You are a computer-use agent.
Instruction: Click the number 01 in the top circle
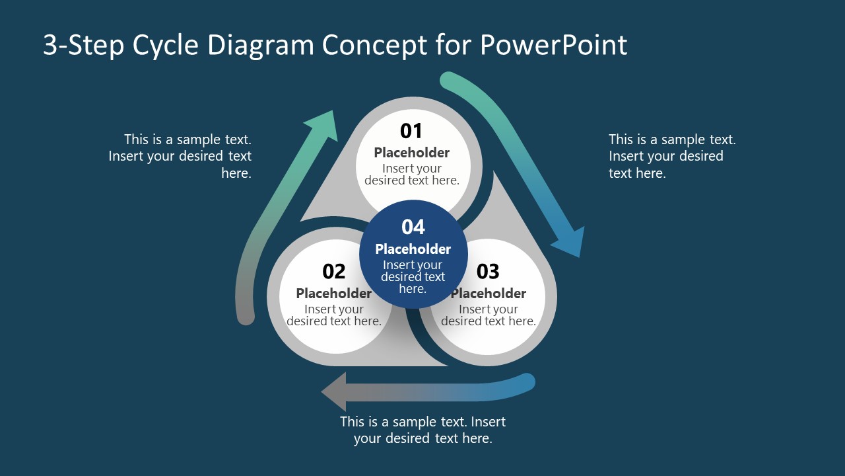pos(411,131)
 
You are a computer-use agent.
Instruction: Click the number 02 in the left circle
pos(334,272)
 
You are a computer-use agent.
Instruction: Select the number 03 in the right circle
pos(488,272)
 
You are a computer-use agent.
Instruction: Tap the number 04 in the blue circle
pos(413,227)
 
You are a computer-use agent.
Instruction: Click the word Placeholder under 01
pos(412,153)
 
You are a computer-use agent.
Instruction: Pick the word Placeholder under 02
pos(334,294)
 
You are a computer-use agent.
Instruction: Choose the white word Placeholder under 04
pos(413,249)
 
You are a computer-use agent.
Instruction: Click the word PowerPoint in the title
pos(553,45)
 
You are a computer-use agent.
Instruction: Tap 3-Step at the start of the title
pos(84,45)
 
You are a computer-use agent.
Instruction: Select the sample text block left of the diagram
pos(180,157)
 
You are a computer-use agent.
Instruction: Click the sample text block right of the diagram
pos(671,157)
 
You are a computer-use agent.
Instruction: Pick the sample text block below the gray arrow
pos(422,430)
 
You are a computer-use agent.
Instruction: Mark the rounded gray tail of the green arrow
pos(246,315)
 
